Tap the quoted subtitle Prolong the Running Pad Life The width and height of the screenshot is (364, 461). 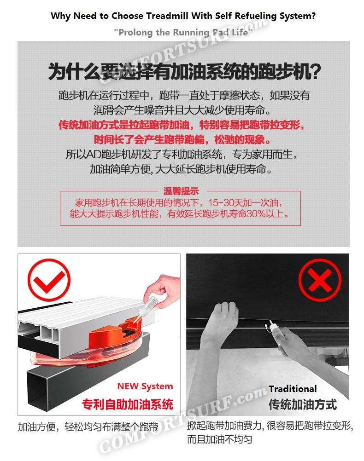pyautogui.click(x=183, y=32)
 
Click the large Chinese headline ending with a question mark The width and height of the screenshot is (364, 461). pyautogui.click(x=184, y=71)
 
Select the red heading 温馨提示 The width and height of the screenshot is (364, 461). pyautogui.click(x=181, y=191)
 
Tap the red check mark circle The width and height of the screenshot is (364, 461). pyautogui.click(x=49, y=279)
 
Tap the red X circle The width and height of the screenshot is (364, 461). pyautogui.click(x=320, y=280)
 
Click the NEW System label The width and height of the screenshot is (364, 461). pyautogui.click(x=145, y=386)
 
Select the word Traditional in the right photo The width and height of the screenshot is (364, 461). pyautogui.click(x=293, y=389)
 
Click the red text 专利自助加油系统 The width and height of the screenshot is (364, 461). pyautogui.click(x=128, y=404)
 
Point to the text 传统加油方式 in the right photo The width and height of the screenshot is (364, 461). pyautogui.click(x=302, y=404)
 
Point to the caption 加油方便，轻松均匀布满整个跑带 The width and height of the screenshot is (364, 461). pyautogui.click(x=88, y=426)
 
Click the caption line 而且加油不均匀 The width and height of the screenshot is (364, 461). pyautogui.click(x=219, y=439)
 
